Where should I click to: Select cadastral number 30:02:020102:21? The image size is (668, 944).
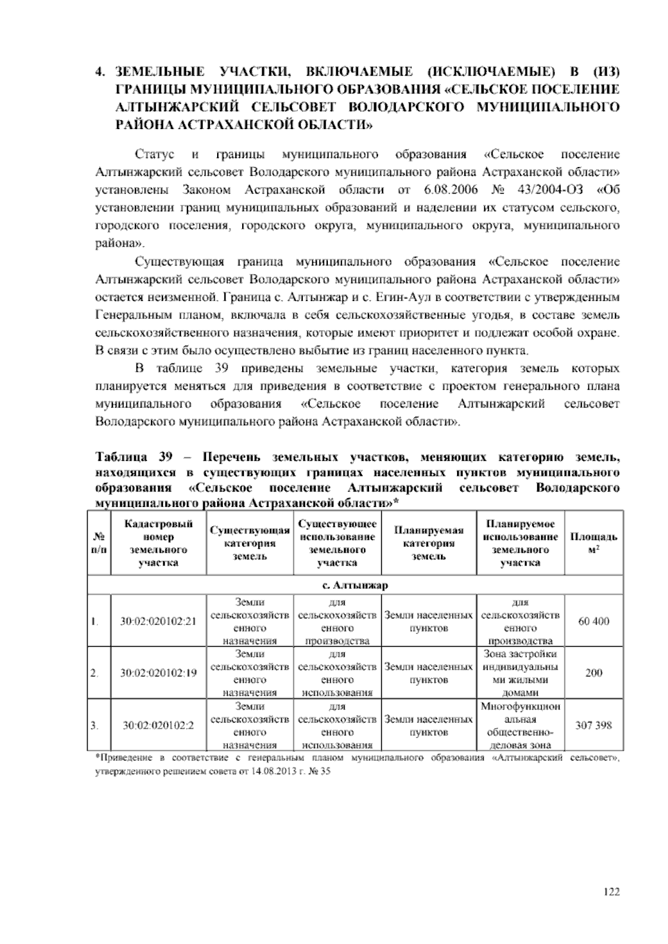159,622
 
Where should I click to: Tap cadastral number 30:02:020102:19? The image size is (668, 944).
159,673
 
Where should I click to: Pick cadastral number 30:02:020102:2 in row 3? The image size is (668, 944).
159,725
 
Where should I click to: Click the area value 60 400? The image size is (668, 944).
593,621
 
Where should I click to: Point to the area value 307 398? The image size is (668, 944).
593,725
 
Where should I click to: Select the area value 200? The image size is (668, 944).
593,673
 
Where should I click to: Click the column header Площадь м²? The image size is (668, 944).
593,543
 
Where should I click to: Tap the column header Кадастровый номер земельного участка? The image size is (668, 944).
159,543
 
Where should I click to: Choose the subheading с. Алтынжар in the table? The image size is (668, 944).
356,586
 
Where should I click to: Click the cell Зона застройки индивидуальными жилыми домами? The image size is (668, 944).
520,673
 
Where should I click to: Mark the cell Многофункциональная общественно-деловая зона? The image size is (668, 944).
520,725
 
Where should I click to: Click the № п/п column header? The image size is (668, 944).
99,543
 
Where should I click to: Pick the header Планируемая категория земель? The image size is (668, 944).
429,543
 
